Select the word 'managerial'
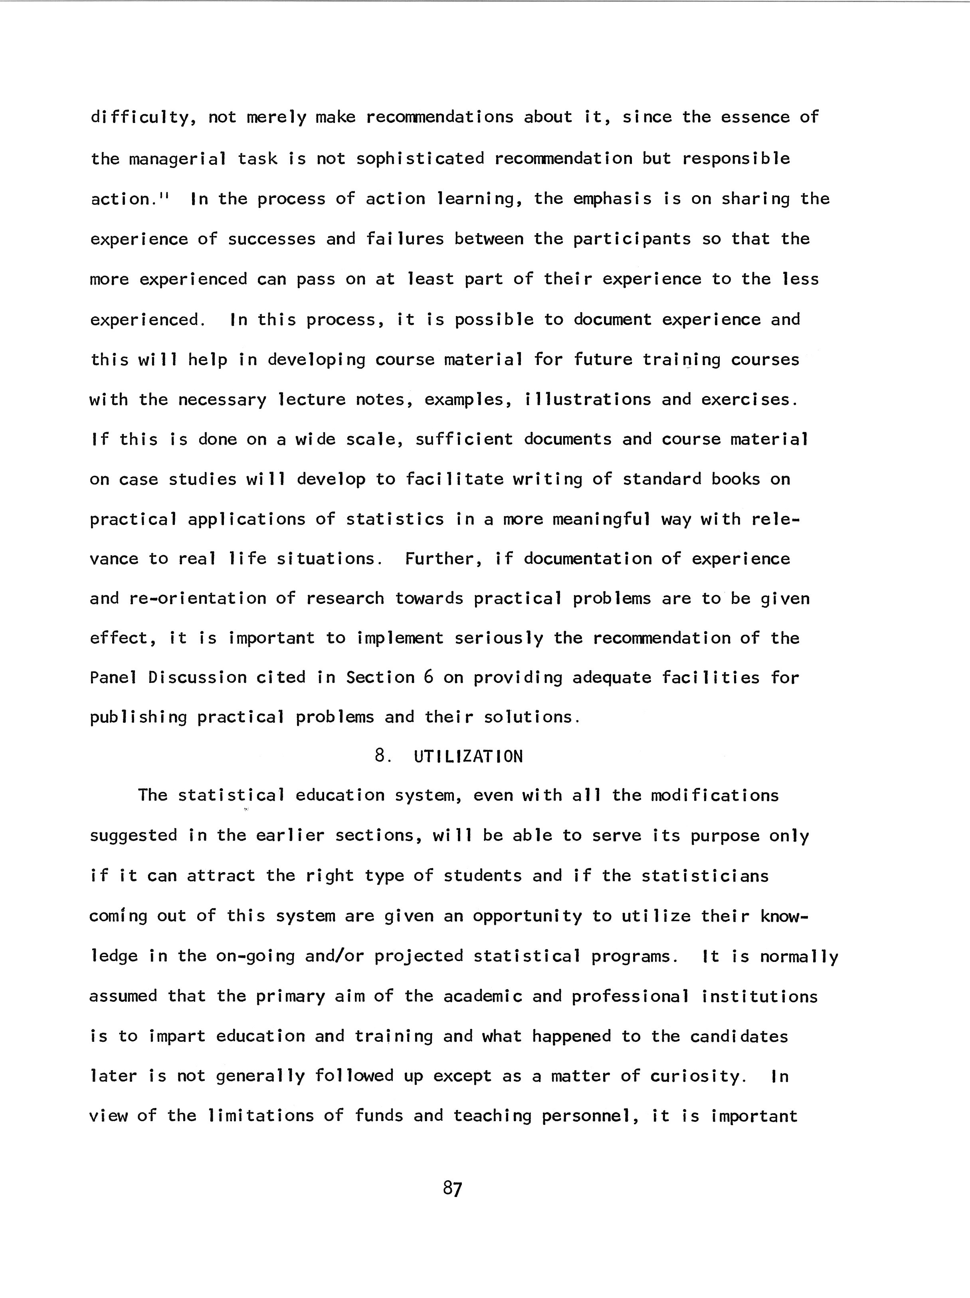tap(177, 158)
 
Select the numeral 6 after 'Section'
tap(428, 677)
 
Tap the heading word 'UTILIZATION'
tap(468, 756)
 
